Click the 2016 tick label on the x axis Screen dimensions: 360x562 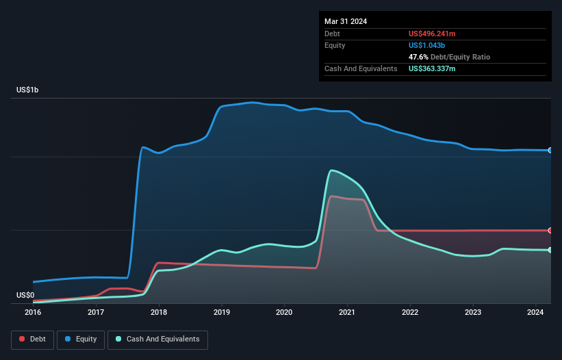[33, 313]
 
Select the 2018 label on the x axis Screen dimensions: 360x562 [159, 313]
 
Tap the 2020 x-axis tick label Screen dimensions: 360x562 [284, 313]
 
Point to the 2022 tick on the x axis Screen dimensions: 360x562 [410, 313]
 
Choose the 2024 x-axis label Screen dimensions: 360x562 [535, 313]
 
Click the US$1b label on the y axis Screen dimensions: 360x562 [29, 90]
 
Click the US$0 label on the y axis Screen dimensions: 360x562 [25, 295]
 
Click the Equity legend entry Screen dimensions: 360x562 [81, 339]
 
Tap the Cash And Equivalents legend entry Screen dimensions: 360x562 [157, 339]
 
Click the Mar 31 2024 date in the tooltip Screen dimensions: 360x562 [346, 21]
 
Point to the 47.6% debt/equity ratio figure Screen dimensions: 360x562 [420, 57]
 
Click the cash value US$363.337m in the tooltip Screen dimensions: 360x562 [437, 68]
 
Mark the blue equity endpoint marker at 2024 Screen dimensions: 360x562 [550, 150]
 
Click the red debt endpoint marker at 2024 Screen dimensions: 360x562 [550, 230]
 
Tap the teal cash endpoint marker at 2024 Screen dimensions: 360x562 [550, 250]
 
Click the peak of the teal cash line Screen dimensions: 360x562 [332, 170]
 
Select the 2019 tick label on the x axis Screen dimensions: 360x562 [221, 313]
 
